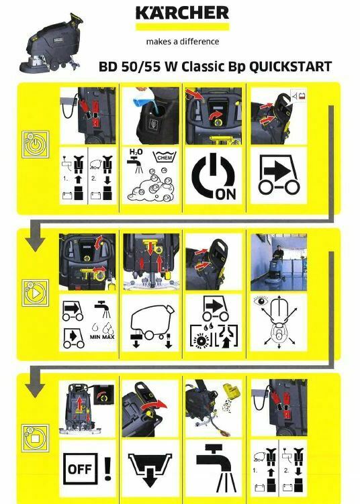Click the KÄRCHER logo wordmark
click(x=182, y=13)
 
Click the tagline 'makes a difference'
click(x=182, y=41)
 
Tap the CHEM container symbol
click(x=165, y=158)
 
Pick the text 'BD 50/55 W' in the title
click(x=134, y=67)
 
